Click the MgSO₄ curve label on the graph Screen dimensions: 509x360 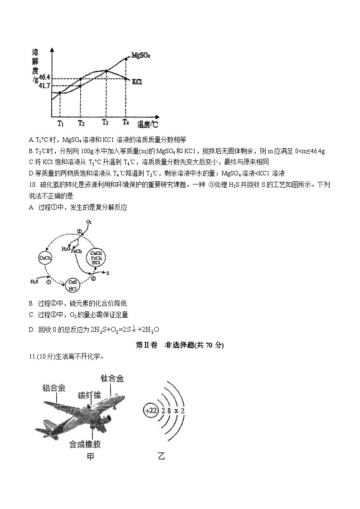click(x=141, y=55)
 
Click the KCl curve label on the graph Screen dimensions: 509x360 click(x=137, y=82)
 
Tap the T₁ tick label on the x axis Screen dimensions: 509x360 click(x=60, y=123)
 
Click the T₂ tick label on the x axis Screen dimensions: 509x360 click(x=81, y=123)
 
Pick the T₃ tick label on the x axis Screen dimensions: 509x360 click(x=105, y=122)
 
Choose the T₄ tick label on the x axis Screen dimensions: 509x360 click(x=126, y=122)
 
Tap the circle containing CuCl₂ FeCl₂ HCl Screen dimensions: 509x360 click(x=96, y=257)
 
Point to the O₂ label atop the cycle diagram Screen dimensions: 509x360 click(x=89, y=222)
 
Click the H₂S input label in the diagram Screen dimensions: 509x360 click(x=34, y=281)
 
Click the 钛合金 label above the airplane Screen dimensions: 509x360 click(x=112, y=378)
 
